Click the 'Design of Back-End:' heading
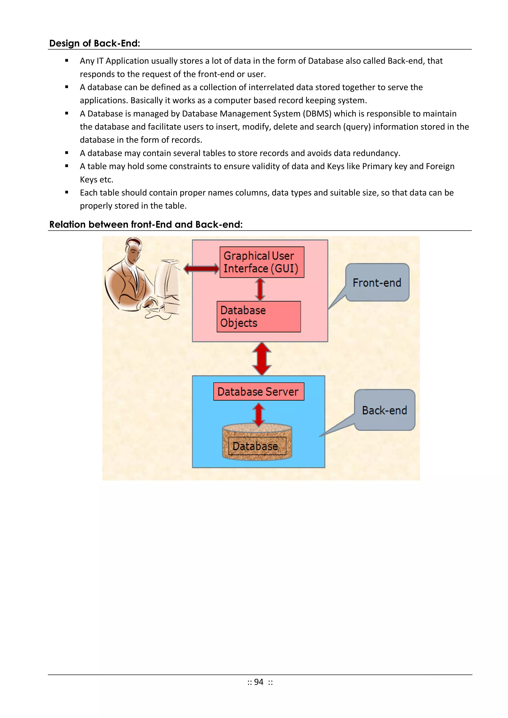[95, 43]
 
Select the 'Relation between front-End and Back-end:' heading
[146, 224]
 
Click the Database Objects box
[258, 316]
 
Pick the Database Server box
[258, 392]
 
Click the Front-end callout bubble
[377, 283]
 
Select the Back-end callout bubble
[384, 410]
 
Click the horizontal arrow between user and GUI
[201, 268]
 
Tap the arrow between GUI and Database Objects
[260, 289]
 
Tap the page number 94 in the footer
[259, 682]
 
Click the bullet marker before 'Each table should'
[67, 193]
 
